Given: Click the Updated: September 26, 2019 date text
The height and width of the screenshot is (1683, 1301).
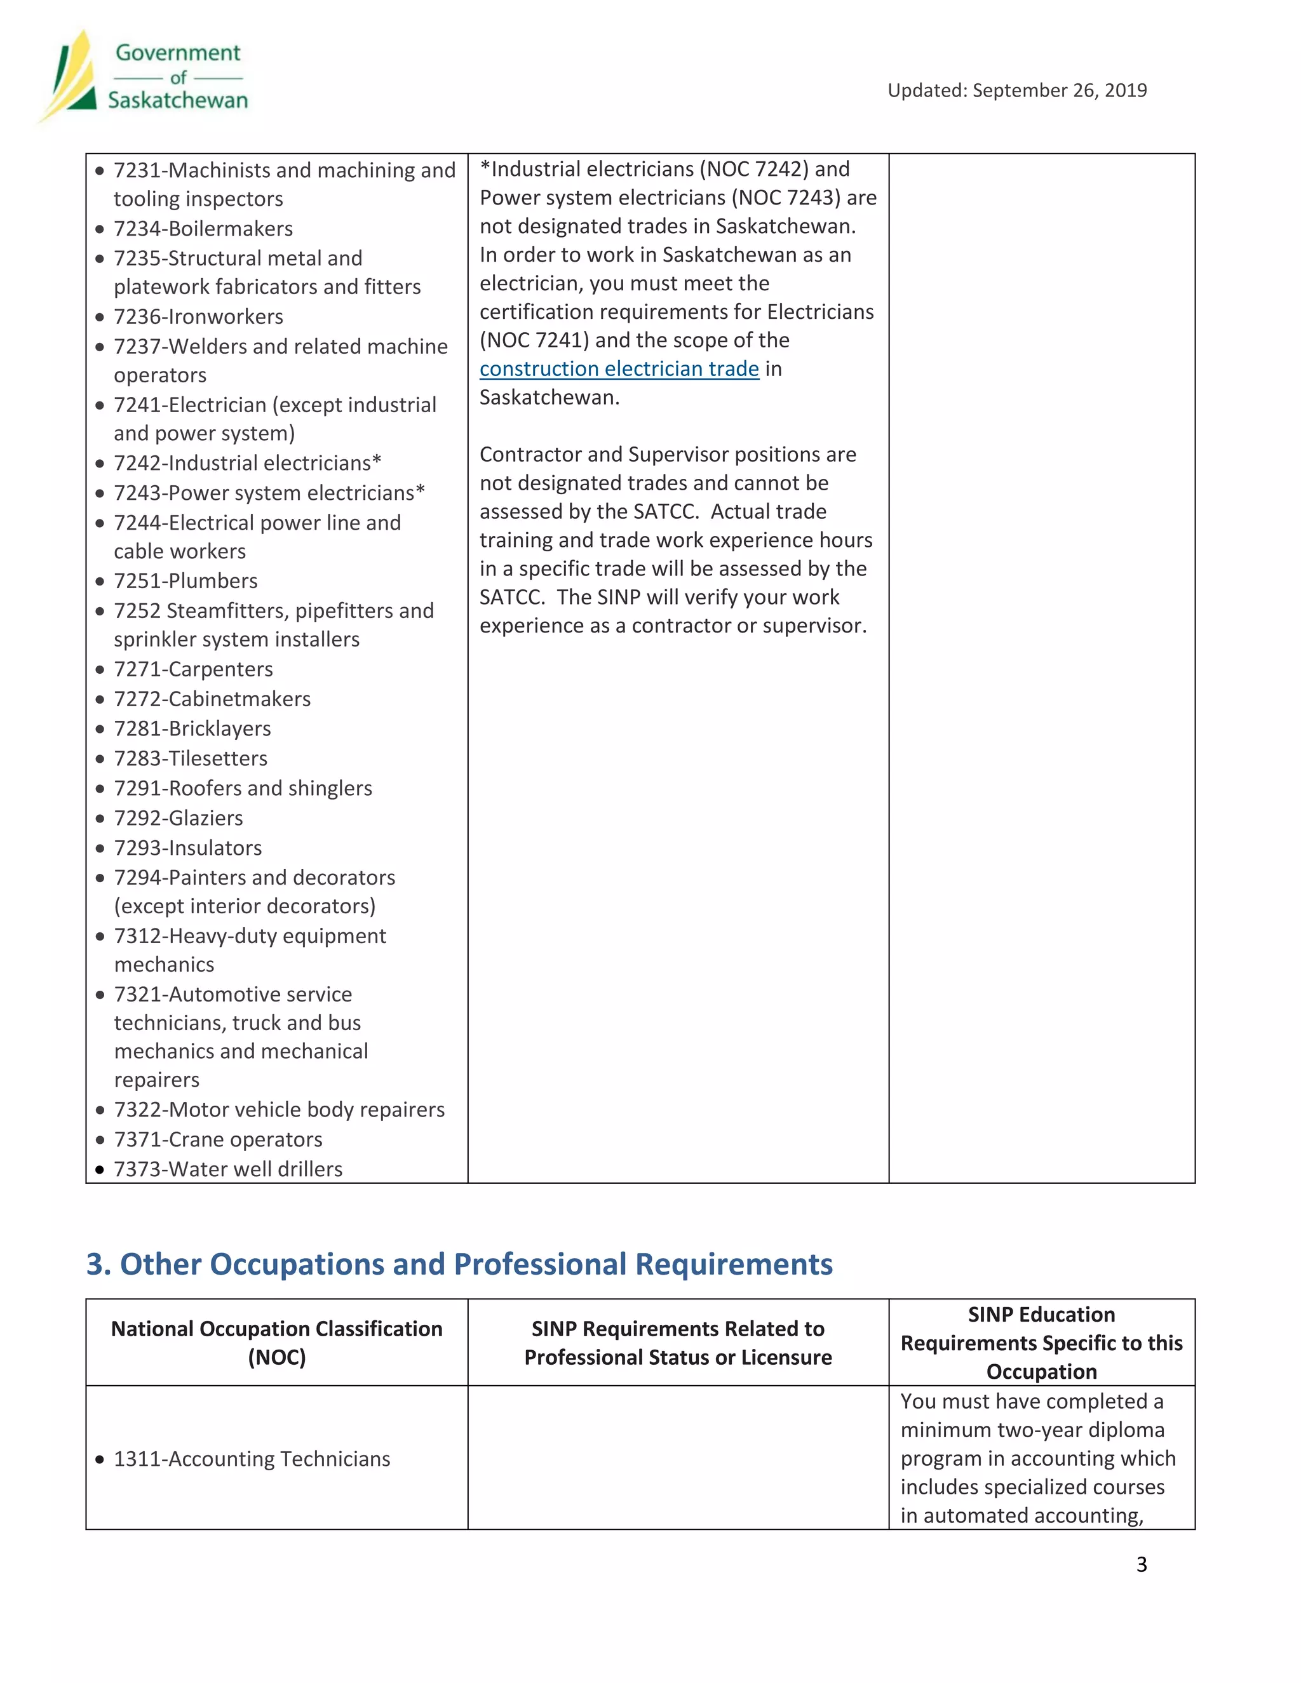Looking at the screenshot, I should point(1016,90).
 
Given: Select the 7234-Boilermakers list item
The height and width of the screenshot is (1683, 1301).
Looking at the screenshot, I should point(203,229).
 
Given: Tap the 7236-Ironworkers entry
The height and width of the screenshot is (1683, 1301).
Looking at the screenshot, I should point(198,317).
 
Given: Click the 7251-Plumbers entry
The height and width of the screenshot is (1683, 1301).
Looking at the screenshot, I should point(185,581).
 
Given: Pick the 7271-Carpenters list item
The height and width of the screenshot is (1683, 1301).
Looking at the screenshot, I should point(192,669).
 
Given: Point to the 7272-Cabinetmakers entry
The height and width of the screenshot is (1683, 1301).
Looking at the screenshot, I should point(212,699).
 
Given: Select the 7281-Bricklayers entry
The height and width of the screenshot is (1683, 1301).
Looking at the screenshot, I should point(192,728).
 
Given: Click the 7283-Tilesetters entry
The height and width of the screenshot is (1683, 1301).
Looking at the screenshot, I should point(191,758).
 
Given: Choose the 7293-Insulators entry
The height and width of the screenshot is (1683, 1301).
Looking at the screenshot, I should point(187,848).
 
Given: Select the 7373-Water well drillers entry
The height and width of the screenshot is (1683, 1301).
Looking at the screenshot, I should point(228,1169).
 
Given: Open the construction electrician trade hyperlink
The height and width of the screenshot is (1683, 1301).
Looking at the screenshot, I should point(619,369).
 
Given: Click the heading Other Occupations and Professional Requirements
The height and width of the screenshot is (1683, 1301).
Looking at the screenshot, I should point(459,1264).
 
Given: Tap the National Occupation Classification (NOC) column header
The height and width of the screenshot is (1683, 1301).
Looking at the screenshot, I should point(277,1343).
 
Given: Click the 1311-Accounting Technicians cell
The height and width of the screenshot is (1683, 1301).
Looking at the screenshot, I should point(252,1459).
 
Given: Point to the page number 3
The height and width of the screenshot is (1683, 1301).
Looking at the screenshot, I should point(1142,1564).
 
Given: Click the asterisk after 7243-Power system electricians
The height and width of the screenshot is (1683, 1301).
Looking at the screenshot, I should point(420,491).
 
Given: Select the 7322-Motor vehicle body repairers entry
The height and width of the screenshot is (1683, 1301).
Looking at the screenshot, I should point(279,1110).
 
